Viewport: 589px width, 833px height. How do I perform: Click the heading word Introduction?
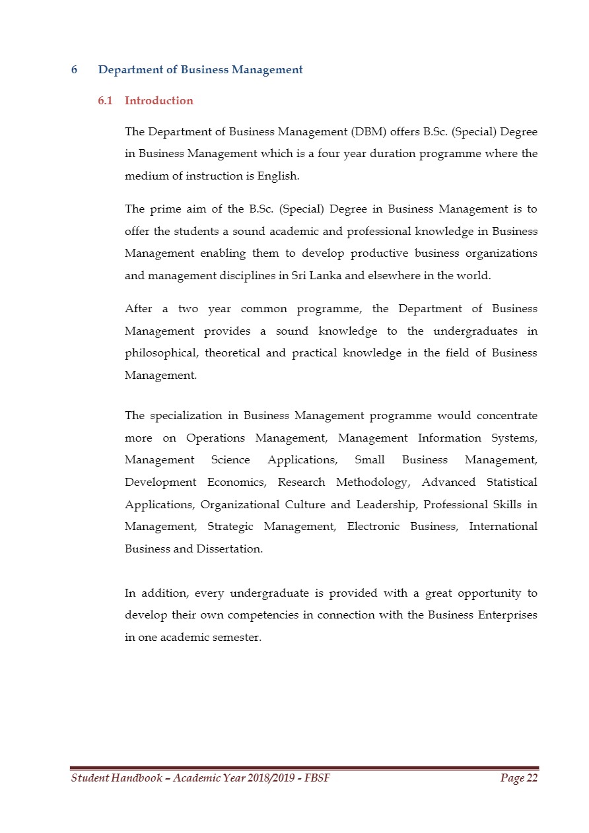point(158,101)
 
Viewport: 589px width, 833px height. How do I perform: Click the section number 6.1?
point(106,101)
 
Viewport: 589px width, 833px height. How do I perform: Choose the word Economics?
point(236,483)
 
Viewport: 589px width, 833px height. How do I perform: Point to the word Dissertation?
point(229,549)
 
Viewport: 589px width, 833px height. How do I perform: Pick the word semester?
point(238,638)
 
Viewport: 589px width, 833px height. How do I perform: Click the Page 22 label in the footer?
point(519,779)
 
